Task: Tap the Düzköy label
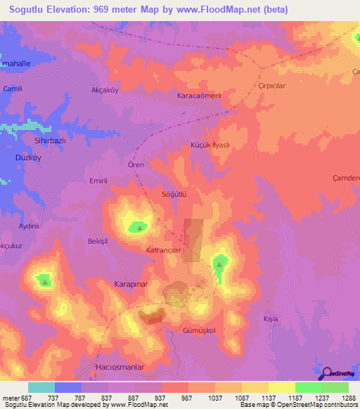(29, 158)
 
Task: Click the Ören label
(136, 164)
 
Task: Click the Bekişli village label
(97, 241)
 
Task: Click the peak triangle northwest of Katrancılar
(140, 227)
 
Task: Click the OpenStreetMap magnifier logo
(325, 373)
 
